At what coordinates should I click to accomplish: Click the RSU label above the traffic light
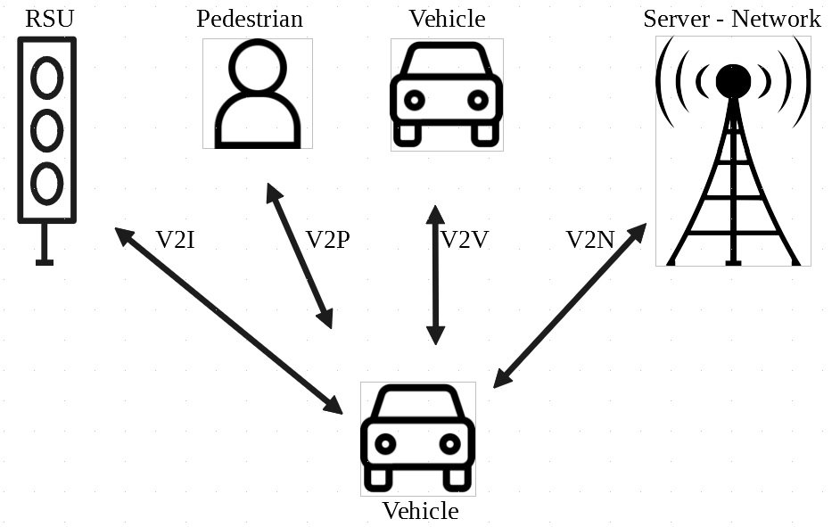pos(49,18)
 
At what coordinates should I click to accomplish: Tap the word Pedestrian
pos(250,19)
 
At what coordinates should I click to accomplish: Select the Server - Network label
pos(731,19)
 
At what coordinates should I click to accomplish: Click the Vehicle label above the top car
pos(447,19)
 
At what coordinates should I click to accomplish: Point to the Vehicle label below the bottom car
pos(420,511)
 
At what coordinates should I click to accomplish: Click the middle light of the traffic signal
pos(47,130)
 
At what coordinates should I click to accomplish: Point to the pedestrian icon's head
pos(258,67)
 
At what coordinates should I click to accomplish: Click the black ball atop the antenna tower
pos(733,81)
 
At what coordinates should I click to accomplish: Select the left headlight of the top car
pos(414,100)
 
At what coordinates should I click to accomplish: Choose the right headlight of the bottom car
pos(449,443)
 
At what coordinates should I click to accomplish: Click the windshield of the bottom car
pos(417,407)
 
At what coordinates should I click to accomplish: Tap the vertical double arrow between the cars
pos(435,275)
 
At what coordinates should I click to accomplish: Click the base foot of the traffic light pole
pos(45,262)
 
